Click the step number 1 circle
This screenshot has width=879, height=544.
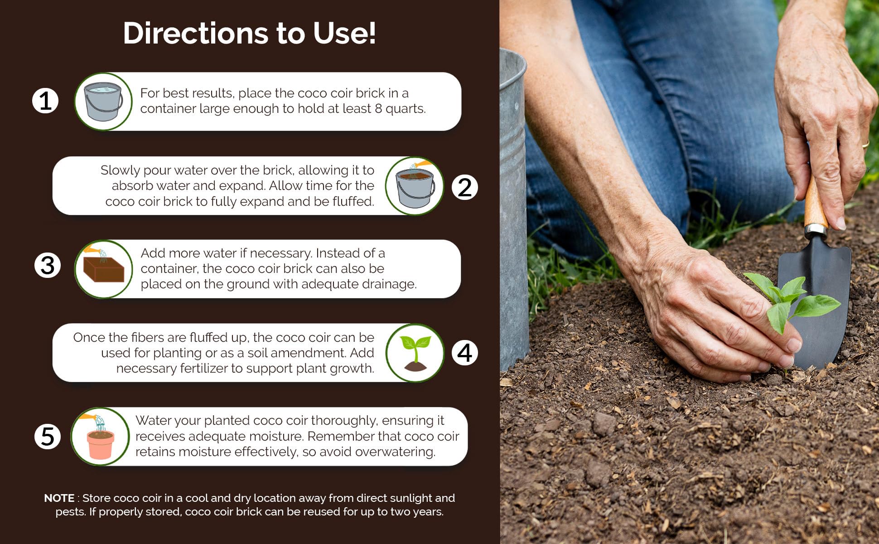pos(45,101)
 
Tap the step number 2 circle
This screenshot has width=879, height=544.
pos(465,187)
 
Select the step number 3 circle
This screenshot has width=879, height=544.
pos(48,265)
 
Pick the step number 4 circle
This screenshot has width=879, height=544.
pos(465,353)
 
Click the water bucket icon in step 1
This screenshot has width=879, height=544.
pos(103,102)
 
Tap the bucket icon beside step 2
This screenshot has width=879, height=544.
pos(414,186)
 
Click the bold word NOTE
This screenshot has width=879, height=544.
pos(59,498)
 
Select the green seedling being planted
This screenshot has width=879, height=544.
pos(791,299)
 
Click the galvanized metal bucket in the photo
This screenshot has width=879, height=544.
pos(513,204)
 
